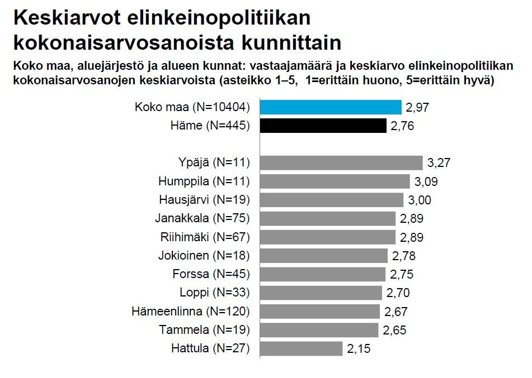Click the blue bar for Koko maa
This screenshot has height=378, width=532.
(x=331, y=107)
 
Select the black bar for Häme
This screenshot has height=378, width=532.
(x=323, y=126)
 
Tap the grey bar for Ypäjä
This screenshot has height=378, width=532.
(x=342, y=162)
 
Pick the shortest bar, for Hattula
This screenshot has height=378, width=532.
(x=302, y=349)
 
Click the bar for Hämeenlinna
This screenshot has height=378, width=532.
(x=320, y=312)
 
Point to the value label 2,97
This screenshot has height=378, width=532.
(x=417, y=107)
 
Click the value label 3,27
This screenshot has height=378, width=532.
(x=439, y=163)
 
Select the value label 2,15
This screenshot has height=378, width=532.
(x=359, y=350)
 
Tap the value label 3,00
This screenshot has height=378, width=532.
(x=420, y=200)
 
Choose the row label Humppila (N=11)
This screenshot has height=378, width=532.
(x=204, y=181)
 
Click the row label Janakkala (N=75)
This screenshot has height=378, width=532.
(x=202, y=218)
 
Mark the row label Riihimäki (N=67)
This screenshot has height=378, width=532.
(x=204, y=237)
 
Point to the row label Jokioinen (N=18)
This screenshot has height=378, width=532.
(x=204, y=256)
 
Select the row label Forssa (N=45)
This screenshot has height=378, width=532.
(x=211, y=274)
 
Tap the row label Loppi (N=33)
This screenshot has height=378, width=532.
(x=214, y=293)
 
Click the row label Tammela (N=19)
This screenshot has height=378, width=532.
(x=204, y=330)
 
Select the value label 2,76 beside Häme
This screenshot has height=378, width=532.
(x=402, y=126)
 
